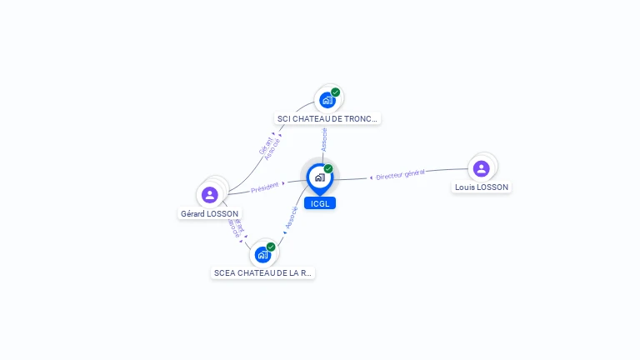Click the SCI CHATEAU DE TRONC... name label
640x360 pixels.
(327, 119)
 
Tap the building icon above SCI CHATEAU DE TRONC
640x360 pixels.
(327, 100)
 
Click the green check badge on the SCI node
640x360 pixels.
(335, 92)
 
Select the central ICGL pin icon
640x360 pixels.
(319, 177)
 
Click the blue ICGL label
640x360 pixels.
(320, 203)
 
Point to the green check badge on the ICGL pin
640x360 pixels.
(328, 169)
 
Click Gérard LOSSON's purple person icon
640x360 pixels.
(210, 194)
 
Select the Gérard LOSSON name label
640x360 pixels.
(210, 214)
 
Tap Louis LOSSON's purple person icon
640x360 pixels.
(481, 168)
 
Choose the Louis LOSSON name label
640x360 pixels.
(482, 187)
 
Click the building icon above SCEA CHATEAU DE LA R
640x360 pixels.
(263, 254)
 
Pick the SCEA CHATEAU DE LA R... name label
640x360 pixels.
(263, 272)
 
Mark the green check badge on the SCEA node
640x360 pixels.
(271, 247)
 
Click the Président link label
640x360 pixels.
(265, 187)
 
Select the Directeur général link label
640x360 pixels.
(400, 174)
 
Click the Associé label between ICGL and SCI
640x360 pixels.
(324, 139)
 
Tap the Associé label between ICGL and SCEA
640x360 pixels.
(291, 218)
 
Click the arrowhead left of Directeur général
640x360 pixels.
(371, 177)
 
